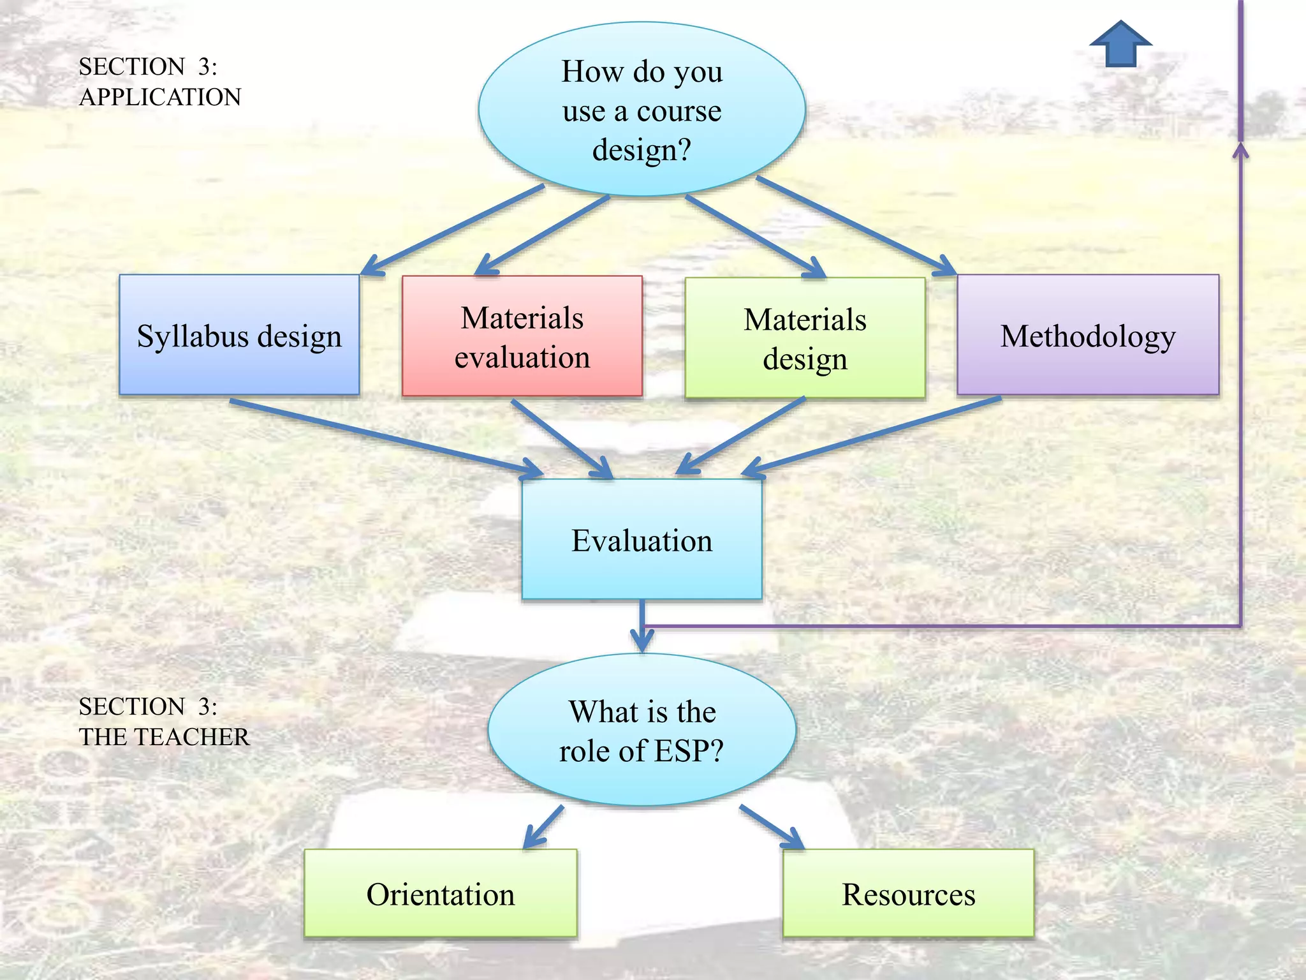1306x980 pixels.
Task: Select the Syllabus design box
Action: point(239,335)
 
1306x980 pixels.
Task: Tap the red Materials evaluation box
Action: point(522,336)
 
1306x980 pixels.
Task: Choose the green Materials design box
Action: point(805,338)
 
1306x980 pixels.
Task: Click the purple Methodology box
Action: point(1087,335)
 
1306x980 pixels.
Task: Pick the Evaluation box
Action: point(642,539)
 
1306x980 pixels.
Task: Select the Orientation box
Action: point(440,893)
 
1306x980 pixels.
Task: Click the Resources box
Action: point(908,893)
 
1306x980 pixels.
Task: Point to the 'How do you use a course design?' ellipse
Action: point(642,110)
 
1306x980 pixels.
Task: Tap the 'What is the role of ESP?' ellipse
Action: point(642,730)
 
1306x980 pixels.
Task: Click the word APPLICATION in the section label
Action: point(160,97)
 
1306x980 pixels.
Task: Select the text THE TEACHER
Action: point(164,737)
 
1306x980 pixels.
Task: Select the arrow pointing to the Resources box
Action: point(772,828)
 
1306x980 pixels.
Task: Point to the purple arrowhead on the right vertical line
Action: point(1240,151)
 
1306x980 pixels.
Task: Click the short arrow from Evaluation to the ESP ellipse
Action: point(642,628)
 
